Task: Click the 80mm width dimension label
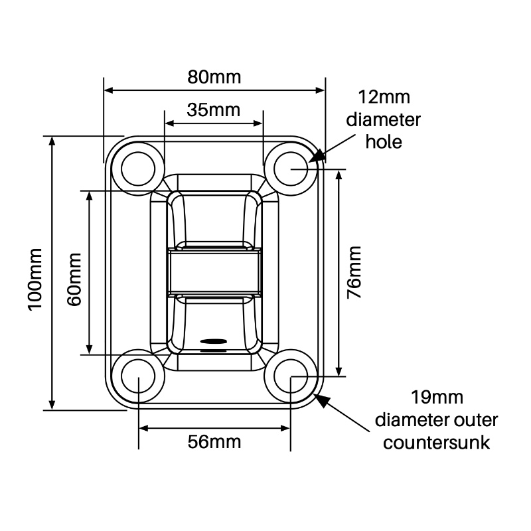214,76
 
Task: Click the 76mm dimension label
355,272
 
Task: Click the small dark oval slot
213,341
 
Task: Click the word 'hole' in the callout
384,142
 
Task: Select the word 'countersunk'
436,442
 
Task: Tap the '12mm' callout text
384,98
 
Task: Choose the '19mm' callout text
436,398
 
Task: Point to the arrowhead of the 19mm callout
321,399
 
